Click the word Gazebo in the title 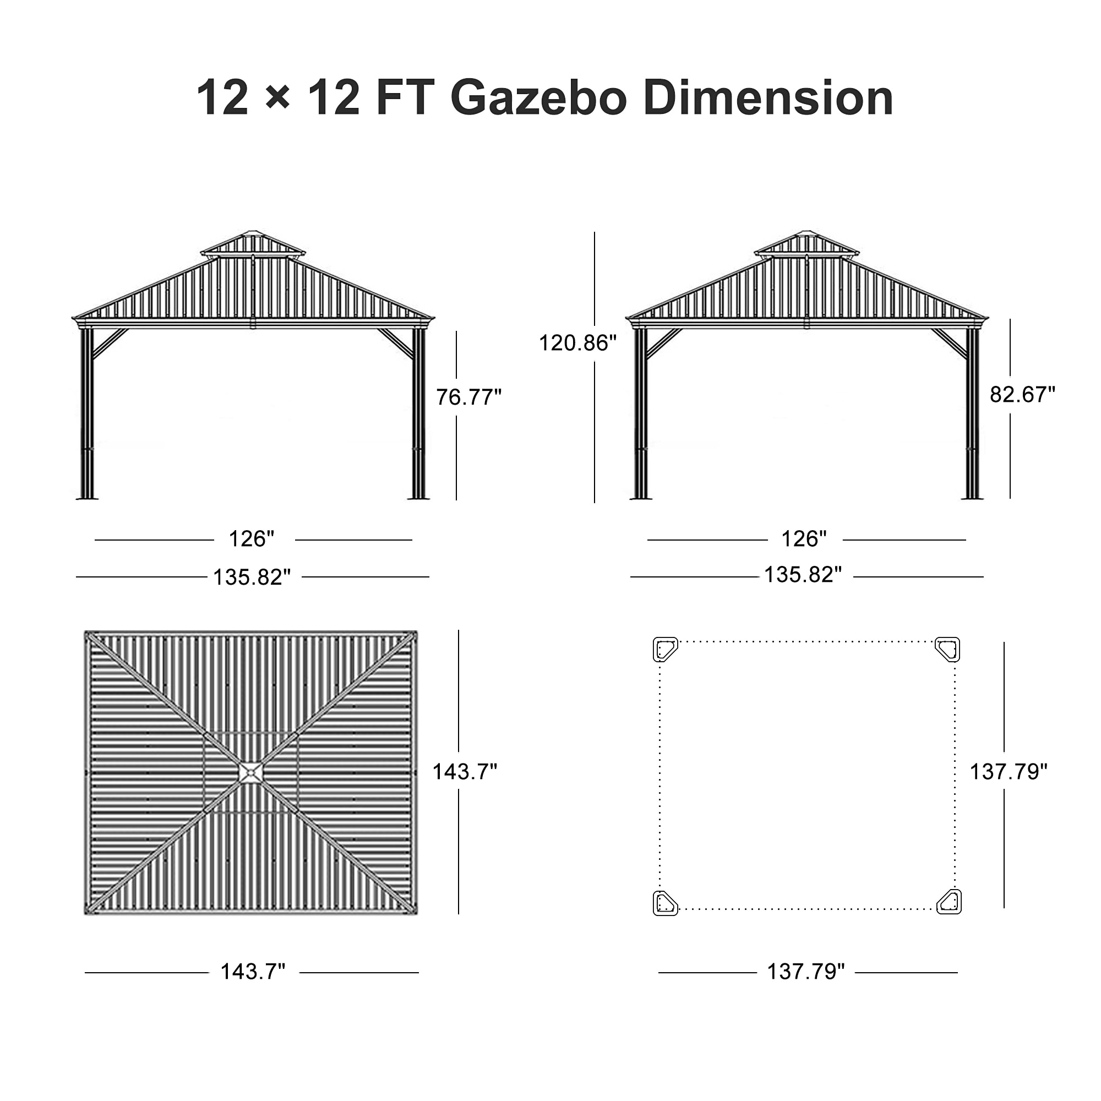tap(538, 98)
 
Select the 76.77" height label tap(468, 397)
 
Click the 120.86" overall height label tap(577, 343)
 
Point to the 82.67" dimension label tap(1022, 394)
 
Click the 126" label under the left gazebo tap(252, 538)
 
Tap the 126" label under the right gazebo tap(804, 538)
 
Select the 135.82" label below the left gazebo tap(252, 577)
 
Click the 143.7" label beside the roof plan tap(465, 772)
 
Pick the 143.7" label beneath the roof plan tap(253, 971)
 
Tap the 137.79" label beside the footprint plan tap(1008, 772)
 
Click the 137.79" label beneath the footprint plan tap(805, 971)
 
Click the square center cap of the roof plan tap(250, 773)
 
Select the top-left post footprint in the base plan tap(664, 649)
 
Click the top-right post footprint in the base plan tap(949, 649)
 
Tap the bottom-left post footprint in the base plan tap(664, 903)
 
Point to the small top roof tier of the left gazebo tap(253, 244)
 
